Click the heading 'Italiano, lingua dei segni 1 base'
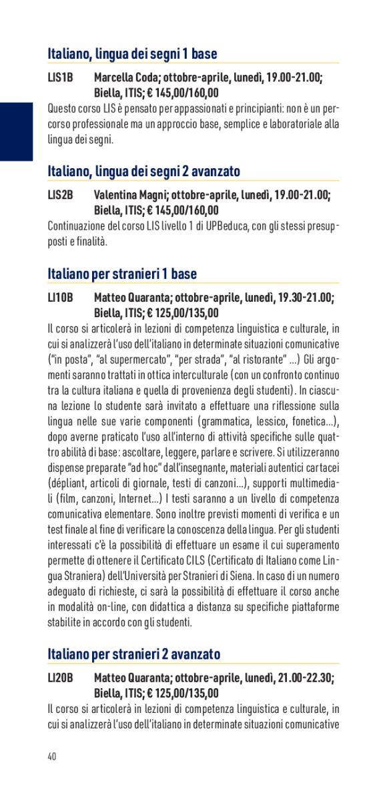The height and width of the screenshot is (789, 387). point(132,54)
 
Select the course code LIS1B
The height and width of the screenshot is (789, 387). point(60,79)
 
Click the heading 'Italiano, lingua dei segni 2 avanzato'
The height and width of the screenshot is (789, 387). point(143,172)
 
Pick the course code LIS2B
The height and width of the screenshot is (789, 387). point(60,196)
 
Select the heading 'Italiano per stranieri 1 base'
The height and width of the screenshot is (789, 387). point(122,274)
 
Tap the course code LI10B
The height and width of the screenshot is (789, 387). point(60,298)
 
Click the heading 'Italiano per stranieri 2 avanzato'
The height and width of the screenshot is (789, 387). point(133,653)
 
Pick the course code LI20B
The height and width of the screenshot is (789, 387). point(60,678)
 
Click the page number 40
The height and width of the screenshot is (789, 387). point(52,756)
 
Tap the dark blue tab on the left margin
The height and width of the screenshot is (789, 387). point(16,131)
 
